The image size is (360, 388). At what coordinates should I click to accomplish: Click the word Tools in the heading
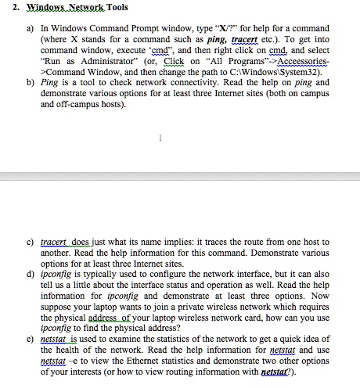coord(95,8)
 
